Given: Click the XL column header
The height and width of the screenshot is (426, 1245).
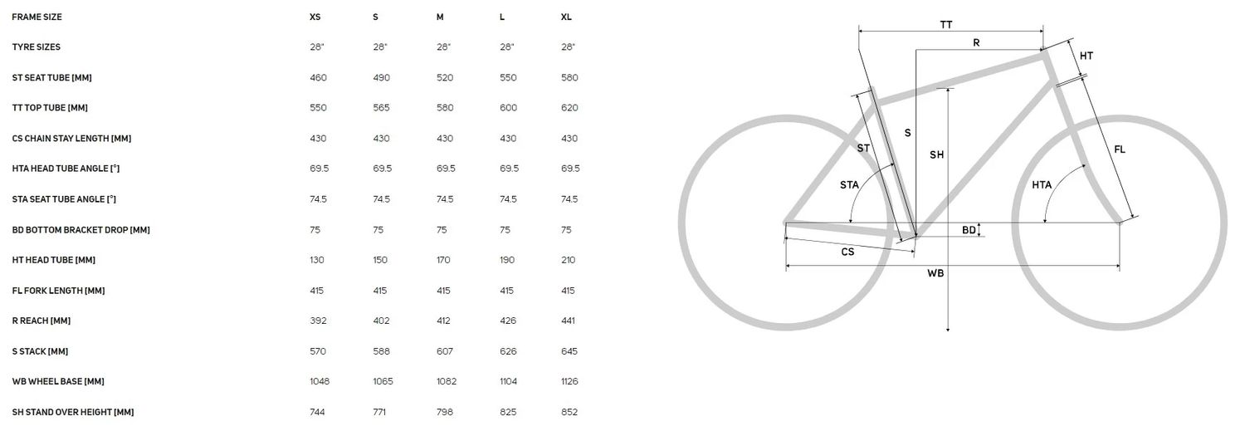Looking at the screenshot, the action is click(x=566, y=17).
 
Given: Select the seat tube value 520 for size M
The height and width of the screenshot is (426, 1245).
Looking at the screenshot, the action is click(x=445, y=78).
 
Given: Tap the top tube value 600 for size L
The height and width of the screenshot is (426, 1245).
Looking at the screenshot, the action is click(x=508, y=108).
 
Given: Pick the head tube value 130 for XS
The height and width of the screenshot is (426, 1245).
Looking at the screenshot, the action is click(x=317, y=260).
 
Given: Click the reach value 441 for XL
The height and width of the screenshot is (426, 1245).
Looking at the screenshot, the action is click(x=568, y=321).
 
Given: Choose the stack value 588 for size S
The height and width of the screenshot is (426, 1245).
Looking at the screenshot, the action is click(x=381, y=351).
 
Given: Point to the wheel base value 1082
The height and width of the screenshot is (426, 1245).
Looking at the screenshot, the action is click(x=447, y=381).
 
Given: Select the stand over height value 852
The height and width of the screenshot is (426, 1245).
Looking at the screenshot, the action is click(x=569, y=412).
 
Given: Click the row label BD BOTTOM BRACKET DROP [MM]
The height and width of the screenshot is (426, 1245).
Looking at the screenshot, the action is click(x=81, y=230).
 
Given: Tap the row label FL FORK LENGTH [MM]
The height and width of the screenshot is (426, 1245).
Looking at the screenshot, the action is click(x=58, y=291).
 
